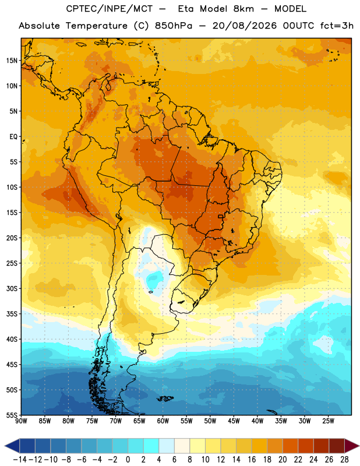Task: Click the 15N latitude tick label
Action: [12, 61]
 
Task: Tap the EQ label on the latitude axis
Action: [13, 137]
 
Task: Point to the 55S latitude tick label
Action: [12, 415]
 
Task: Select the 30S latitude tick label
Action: [12, 288]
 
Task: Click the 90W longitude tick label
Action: [21, 421]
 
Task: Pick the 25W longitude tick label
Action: [328, 421]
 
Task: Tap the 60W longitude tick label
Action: [163, 421]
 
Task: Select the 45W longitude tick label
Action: [234, 421]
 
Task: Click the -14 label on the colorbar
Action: [20, 460]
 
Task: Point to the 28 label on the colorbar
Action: [344, 460]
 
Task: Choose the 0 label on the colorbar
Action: [128, 460]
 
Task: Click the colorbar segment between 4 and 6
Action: [167, 446]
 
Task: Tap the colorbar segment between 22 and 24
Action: [306, 446]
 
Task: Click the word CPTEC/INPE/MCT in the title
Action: [109, 9]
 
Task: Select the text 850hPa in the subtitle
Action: [174, 26]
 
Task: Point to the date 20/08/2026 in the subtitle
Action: [244, 26]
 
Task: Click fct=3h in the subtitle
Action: [337, 26]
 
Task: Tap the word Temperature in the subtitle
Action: [96, 26]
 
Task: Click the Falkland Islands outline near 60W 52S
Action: [165, 398]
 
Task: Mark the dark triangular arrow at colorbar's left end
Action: [12, 446]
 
